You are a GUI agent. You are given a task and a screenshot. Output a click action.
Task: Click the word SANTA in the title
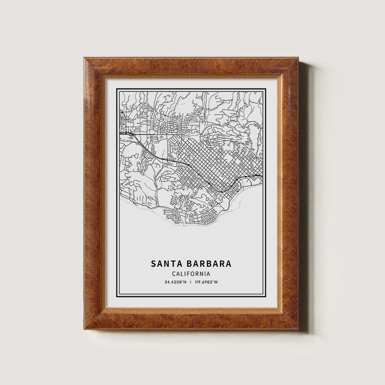164,264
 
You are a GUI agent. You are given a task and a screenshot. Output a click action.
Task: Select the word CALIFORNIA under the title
191,274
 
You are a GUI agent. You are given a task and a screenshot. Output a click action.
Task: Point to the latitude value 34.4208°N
176,282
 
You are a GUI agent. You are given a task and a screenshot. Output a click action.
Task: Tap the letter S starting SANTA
153,264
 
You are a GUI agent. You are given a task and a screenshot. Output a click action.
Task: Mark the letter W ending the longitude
216,282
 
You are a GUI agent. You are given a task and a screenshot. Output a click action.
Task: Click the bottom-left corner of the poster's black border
117,297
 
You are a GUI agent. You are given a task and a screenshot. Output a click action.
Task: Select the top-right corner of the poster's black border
266,89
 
